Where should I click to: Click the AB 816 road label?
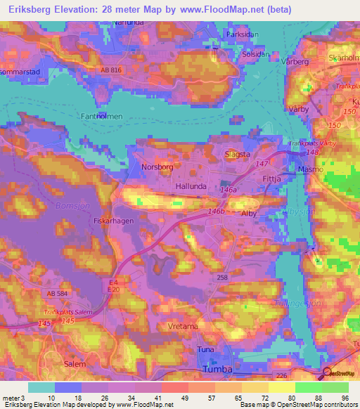point(111,71)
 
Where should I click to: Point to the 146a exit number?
point(229,190)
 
